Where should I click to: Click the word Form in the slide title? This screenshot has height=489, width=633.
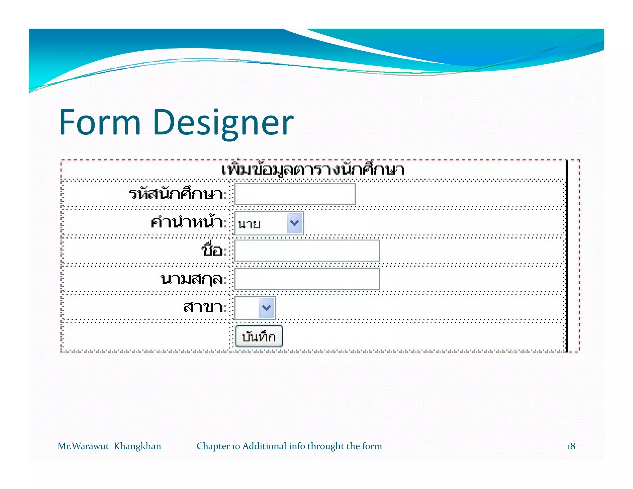click(x=100, y=122)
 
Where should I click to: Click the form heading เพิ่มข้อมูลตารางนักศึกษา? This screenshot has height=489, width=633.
click(x=313, y=170)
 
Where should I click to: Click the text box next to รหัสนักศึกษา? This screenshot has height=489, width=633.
click(x=295, y=194)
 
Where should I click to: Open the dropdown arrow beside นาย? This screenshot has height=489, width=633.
click(x=295, y=223)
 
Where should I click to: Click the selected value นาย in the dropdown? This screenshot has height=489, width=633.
click(x=249, y=223)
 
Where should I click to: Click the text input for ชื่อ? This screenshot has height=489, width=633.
click(x=307, y=251)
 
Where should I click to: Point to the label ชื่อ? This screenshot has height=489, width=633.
click(x=213, y=250)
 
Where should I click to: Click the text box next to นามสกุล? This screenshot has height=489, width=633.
click(x=307, y=279)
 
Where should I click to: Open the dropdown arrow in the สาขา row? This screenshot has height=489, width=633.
click(x=266, y=308)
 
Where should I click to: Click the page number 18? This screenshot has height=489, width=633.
click(x=571, y=446)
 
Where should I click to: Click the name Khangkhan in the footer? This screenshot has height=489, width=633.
click(x=137, y=446)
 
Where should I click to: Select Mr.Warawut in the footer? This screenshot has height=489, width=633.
click(x=83, y=446)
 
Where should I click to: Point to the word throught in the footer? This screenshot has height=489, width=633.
click(x=325, y=446)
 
